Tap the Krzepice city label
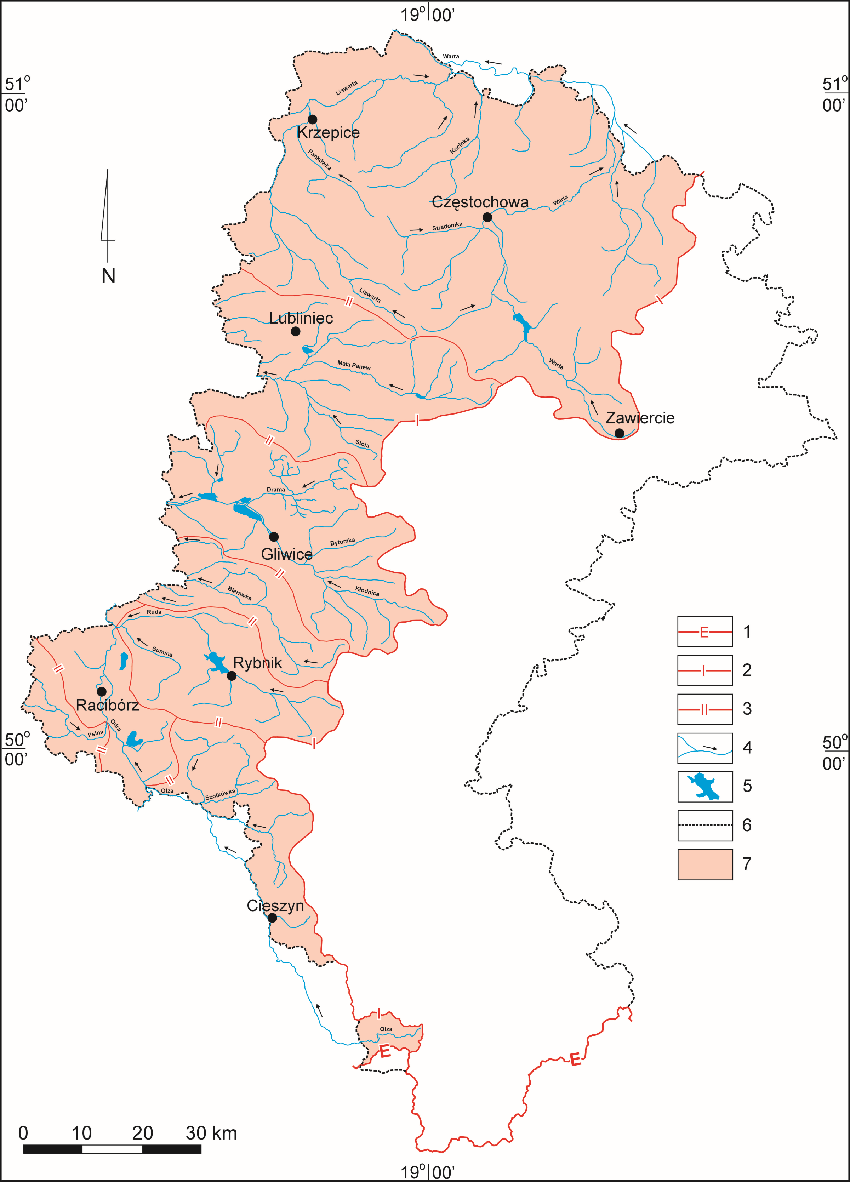[328, 132]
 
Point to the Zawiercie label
[640, 418]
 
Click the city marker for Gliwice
[274, 537]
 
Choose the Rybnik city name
[257, 663]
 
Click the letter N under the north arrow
[108, 276]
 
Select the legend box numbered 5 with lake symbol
[704, 787]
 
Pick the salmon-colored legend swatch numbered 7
[704, 864]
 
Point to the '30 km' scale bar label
[211, 1133]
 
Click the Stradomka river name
[447, 227]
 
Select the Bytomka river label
[342, 542]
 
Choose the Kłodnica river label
[367, 591]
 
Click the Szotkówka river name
[220, 794]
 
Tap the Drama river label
[276, 489]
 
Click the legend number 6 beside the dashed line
[747, 825]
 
